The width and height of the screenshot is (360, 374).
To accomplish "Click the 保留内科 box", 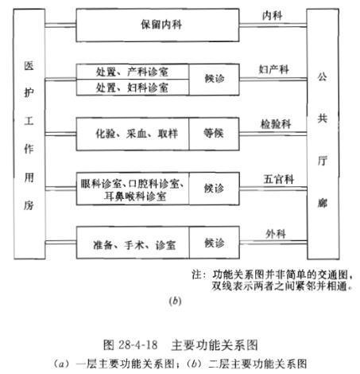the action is click(157, 25).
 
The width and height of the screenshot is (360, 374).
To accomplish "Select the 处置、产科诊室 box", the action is click(133, 72).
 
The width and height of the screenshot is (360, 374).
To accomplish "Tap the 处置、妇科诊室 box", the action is click(133, 88).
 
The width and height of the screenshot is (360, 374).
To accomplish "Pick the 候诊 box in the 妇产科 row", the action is click(214, 80).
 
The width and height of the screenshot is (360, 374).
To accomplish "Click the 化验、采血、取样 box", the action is click(133, 134).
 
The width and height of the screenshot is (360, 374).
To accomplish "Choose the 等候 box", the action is click(214, 134).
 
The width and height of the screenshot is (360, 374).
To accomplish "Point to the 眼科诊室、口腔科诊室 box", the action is click(133, 189).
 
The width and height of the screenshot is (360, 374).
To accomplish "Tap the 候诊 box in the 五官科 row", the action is click(214, 189).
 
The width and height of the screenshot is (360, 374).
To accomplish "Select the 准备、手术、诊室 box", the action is click(133, 243).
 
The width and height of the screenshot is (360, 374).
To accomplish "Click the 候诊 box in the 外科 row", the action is click(214, 243).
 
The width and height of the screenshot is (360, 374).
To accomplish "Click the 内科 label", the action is click(272, 16).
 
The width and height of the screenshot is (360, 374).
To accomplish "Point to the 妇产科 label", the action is click(273, 69).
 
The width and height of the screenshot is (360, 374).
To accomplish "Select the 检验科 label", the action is click(276, 124).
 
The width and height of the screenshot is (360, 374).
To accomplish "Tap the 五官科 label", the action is click(278, 179).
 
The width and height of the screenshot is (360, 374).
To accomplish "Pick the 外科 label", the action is click(276, 234).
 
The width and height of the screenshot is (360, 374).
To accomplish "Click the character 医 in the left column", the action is click(29, 66).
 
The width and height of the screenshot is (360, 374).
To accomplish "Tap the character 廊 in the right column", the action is click(323, 203).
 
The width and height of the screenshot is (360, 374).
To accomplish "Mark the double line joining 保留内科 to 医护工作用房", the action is click(60, 25).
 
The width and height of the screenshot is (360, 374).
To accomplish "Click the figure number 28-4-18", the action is click(137, 345).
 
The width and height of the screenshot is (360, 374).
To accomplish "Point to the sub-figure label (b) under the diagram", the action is click(175, 301).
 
